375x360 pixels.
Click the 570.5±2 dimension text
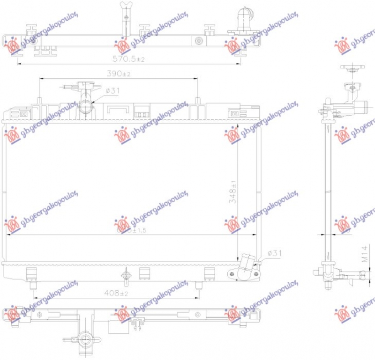coord(128,59)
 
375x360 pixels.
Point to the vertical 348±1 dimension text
coord(233,192)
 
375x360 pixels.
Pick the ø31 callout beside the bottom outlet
coord(274,253)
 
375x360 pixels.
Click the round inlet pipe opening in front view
coord(86,107)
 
